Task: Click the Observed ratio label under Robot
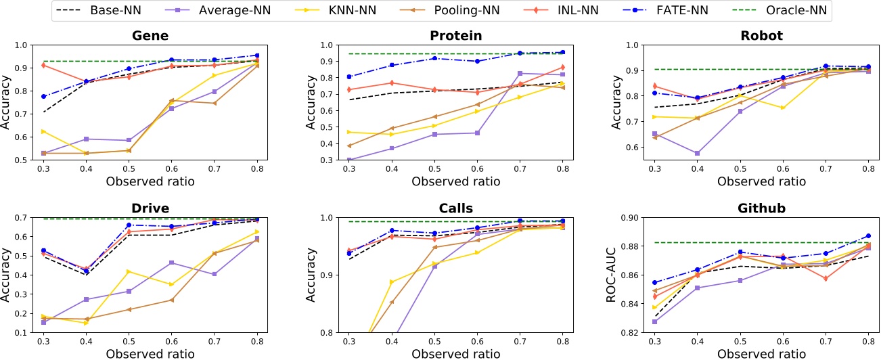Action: [x=761, y=181]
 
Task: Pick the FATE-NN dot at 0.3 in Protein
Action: [x=349, y=76]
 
